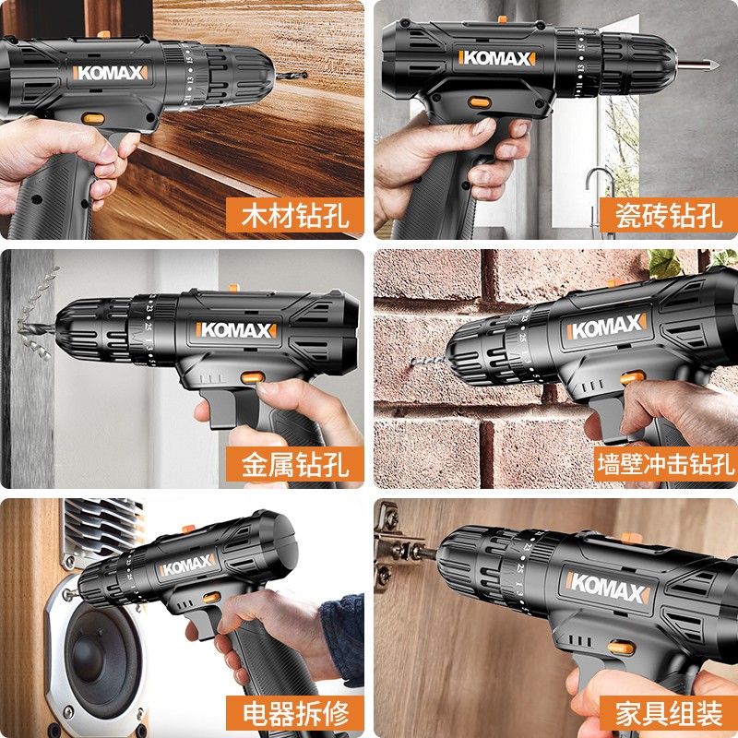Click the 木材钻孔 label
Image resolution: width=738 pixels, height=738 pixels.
(x=294, y=217)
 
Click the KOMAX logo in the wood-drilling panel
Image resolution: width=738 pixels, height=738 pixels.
(x=110, y=71)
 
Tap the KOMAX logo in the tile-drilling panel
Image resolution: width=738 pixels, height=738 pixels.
(x=499, y=58)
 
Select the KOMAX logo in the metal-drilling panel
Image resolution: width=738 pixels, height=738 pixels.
(x=234, y=329)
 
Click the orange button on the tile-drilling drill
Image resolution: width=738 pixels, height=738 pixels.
(x=480, y=103)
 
